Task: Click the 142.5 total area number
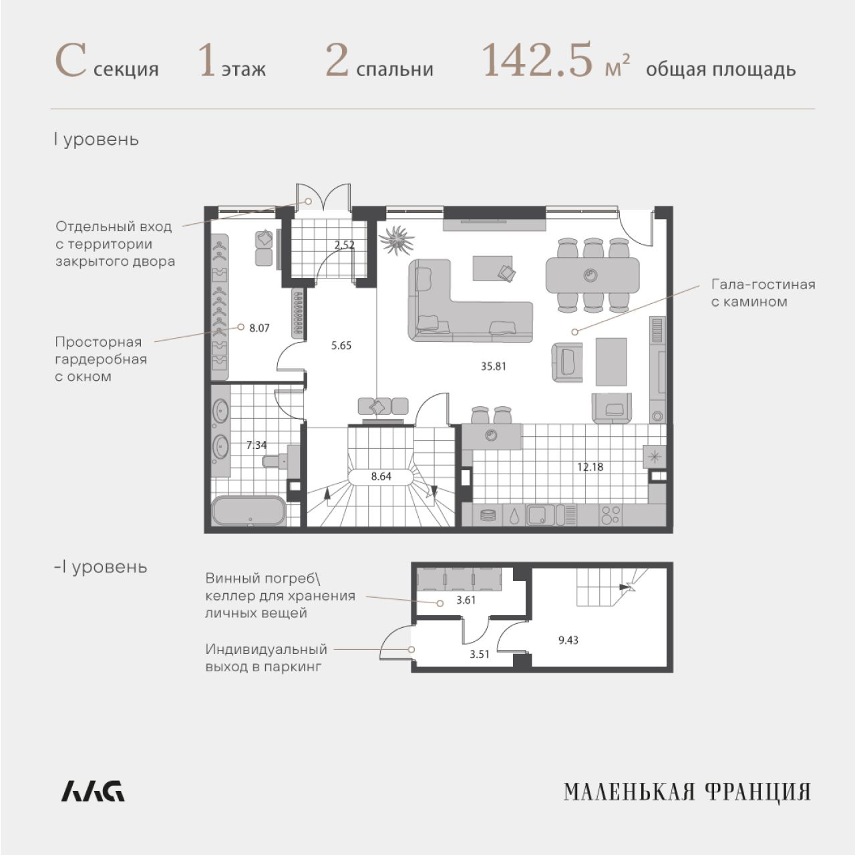(x=537, y=61)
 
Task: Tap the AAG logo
(x=93, y=804)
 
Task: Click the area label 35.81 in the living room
(x=493, y=366)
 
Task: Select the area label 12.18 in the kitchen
(x=590, y=467)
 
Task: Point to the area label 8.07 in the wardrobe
(x=259, y=329)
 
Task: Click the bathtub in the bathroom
(x=248, y=511)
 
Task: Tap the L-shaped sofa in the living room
(x=470, y=301)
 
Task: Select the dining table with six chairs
(x=592, y=275)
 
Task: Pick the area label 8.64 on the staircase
(x=381, y=476)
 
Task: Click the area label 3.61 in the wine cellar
(x=466, y=600)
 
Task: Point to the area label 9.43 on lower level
(x=568, y=641)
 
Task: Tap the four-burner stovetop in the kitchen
(x=610, y=516)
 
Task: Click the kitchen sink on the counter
(x=540, y=516)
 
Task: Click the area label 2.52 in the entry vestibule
(x=344, y=245)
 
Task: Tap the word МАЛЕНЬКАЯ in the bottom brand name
(x=629, y=804)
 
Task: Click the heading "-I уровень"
(x=101, y=568)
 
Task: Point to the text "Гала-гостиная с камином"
(x=763, y=293)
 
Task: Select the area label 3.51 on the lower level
(x=479, y=655)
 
